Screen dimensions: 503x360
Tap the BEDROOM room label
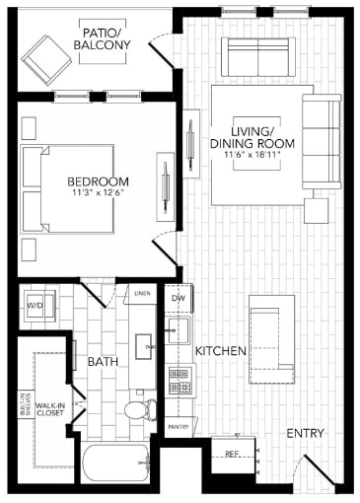tap(99, 181)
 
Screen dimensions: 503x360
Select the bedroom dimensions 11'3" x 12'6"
tap(99, 193)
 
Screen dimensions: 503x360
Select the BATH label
tap(103, 362)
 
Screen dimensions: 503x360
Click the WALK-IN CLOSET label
tap(51, 409)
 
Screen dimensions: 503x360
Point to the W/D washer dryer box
tap(35, 307)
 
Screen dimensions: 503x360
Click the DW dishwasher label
tap(179, 297)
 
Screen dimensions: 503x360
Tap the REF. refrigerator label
tap(233, 454)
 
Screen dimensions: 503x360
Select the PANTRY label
tap(179, 426)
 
